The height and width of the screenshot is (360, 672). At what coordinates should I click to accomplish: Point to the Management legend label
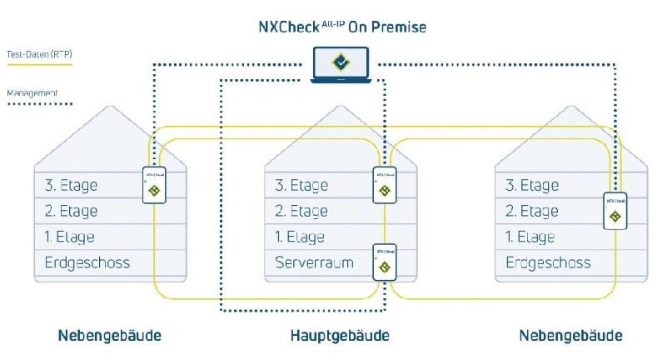pyautogui.click(x=32, y=93)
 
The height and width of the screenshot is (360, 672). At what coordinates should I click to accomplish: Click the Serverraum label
pyautogui.click(x=314, y=262)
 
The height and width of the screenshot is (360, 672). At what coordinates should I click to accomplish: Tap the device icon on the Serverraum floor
pyautogui.click(x=385, y=262)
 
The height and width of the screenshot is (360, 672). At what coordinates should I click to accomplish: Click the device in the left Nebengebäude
pyautogui.click(x=154, y=185)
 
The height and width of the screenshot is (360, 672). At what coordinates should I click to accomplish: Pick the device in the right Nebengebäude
pyautogui.click(x=615, y=211)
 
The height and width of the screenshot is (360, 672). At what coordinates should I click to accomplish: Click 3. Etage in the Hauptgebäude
pyautogui.click(x=301, y=185)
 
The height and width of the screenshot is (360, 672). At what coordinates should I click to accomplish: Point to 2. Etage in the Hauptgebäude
pyautogui.click(x=301, y=211)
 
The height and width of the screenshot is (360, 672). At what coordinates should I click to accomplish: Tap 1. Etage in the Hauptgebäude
pyautogui.click(x=300, y=237)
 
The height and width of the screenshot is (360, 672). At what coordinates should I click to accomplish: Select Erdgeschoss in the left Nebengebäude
pyautogui.click(x=87, y=262)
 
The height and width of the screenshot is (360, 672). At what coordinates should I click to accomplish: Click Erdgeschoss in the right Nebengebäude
pyautogui.click(x=548, y=262)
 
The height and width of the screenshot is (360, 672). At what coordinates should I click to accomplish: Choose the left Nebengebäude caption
pyautogui.click(x=109, y=335)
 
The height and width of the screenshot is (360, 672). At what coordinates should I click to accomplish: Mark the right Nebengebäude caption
pyautogui.click(x=570, y=335)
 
